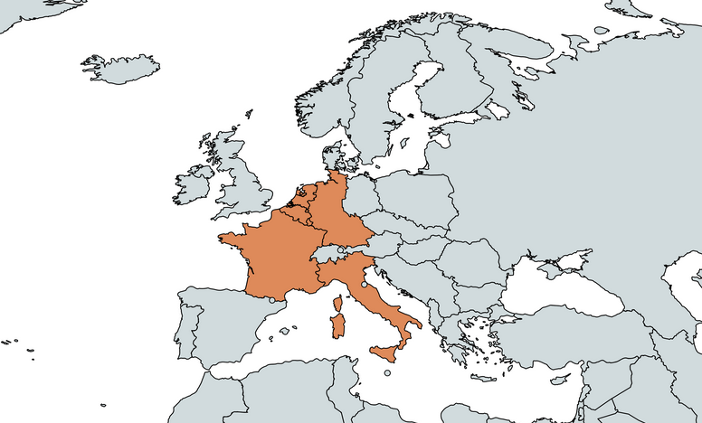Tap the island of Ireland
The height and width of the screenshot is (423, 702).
click(193, 186)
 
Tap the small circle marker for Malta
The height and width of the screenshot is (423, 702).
click(387, 372)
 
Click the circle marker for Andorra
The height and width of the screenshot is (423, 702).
click(271, 300)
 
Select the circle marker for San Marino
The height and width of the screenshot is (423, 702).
click(365, 284)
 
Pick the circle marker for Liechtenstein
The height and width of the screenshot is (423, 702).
click(340, 249)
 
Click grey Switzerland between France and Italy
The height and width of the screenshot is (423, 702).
click(327, 255)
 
